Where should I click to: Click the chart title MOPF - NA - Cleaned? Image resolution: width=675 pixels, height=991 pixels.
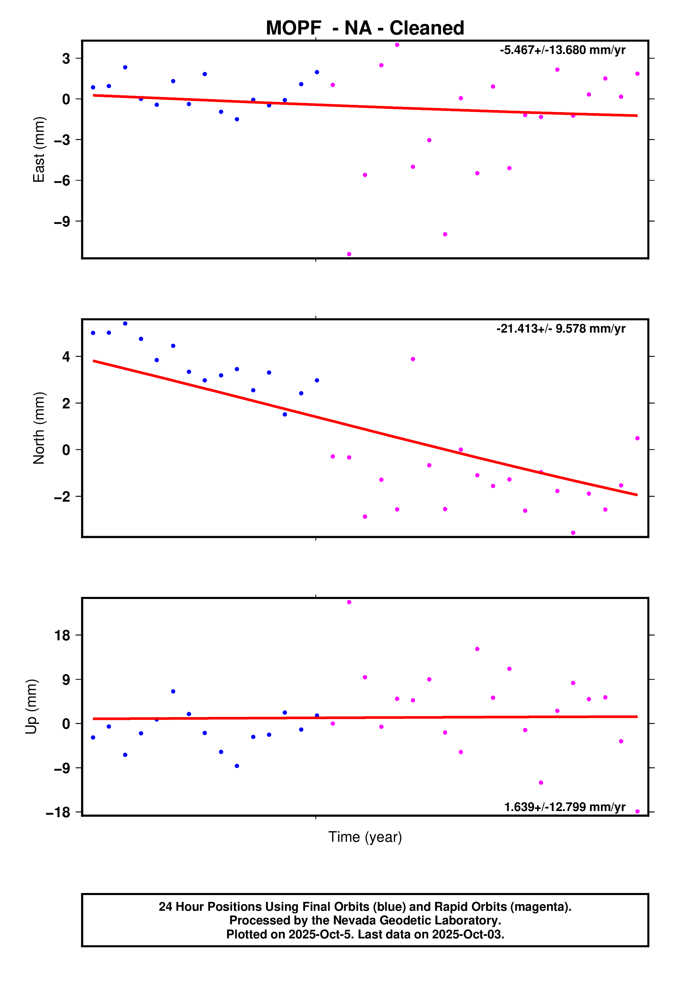click(365, 28)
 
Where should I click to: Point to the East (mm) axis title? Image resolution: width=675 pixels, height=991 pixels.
click(39, 150)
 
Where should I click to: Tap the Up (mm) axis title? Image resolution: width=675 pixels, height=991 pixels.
click(31, 706)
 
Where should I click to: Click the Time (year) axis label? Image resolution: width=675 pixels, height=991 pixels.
click(365, 837)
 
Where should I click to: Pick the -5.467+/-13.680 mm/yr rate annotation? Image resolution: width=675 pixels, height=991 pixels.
click(562, 50)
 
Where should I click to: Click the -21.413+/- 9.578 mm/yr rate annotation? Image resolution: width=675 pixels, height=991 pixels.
click(561, 329)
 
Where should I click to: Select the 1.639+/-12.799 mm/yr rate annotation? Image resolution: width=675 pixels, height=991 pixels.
click(564, 807)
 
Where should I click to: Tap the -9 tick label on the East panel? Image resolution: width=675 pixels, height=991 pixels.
click(62, 222)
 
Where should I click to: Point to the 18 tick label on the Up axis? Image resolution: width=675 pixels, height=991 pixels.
click(62, 636)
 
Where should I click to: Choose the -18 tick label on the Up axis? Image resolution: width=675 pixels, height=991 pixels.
click(58, 812)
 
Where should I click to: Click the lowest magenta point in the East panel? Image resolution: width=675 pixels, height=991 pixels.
click(349, 254)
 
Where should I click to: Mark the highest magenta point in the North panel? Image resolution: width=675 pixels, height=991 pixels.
click(413, 359)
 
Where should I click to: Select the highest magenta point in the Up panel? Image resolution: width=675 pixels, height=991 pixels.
click(349, 602)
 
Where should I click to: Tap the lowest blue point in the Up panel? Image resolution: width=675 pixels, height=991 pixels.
click(237, 766)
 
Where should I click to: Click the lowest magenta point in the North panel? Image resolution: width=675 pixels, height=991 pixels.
click(573, 533)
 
